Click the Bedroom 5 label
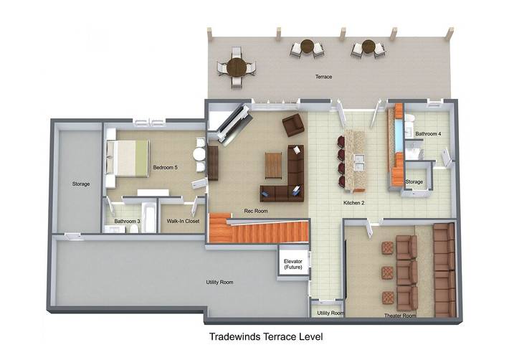pos(165,168)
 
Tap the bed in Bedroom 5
pos(128,158)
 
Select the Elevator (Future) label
pos(292,264)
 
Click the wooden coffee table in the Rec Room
pos(273,165)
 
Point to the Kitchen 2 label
pos(354,203)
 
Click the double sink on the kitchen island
pos(358,162)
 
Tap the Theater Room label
pos(400,316)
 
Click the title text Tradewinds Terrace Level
pos(266,336)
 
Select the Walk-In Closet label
pos(183,221)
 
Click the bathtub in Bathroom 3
pos(149,217)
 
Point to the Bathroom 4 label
pos(428,133)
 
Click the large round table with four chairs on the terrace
pos(237,67)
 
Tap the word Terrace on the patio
pos(323,77)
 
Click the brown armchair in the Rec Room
pos(293,125)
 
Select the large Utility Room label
pos(219,282)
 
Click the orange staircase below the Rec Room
pos(258,229)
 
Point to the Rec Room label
pos(256,211)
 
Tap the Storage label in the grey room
pos(81,184)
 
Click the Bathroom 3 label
pos(128,221)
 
